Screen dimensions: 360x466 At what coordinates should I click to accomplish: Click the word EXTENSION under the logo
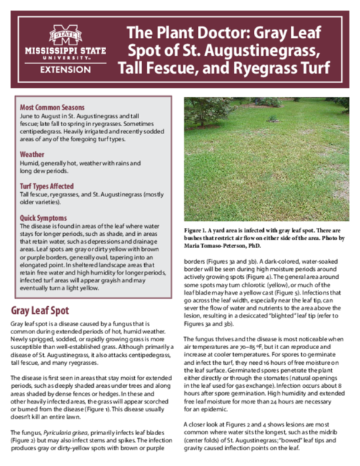point(65,70)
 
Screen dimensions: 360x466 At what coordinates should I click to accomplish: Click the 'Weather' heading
point(32,154)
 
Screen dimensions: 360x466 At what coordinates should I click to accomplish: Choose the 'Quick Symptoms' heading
point(44,217)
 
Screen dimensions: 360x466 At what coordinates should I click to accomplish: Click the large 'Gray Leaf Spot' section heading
point(49,310)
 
